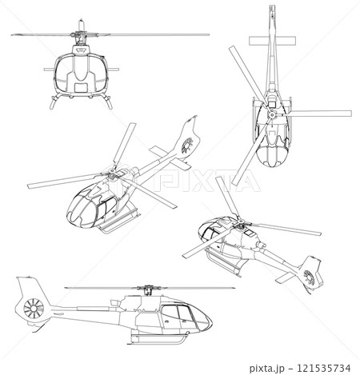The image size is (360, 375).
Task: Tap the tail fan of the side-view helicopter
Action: click(33, 308)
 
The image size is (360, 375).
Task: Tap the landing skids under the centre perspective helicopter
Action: click(120, 224)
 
